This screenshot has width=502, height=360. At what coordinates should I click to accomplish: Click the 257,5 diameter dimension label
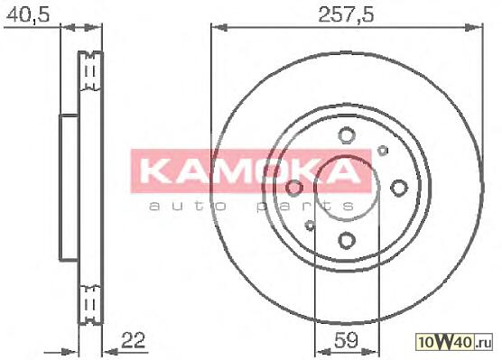(x=346, y=14)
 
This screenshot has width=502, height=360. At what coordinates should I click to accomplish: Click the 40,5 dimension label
(x=28, y=14)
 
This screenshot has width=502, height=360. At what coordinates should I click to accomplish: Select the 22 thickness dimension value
(x=134, y=340)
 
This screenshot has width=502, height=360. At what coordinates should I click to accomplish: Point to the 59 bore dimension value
(x=346, y=340)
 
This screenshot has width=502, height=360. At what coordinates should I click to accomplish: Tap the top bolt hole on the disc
(x=347, y=135)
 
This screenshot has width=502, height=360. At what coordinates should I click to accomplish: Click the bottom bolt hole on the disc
(x=347, y=240)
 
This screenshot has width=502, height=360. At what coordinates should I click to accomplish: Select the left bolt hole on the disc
(x=294, y=188)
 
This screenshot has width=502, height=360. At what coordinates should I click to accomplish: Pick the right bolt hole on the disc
(x=399, y=188)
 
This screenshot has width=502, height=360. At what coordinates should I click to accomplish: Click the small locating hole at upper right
(x=383, y=150)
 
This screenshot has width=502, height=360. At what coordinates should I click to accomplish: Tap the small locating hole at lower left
(x=310, y=226)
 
